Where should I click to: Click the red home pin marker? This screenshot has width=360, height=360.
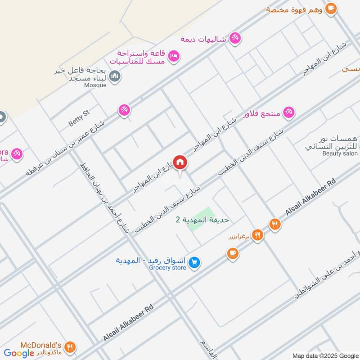180,162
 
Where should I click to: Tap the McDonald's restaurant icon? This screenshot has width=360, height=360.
69,347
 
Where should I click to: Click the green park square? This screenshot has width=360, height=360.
199,220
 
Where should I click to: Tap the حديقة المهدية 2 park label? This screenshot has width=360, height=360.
202,220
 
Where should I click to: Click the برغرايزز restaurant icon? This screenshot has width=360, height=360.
257,234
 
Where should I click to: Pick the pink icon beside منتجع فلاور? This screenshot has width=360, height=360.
288,113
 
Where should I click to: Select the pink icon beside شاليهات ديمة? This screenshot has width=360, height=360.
234,39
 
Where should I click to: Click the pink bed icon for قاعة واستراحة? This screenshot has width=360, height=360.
173,56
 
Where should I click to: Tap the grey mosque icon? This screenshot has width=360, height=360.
115,77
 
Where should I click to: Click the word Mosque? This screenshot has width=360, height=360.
95,85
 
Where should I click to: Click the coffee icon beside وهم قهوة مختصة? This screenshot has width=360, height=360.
331,9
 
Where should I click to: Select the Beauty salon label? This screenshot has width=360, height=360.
339,153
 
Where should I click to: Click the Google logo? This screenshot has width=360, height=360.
19,353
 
